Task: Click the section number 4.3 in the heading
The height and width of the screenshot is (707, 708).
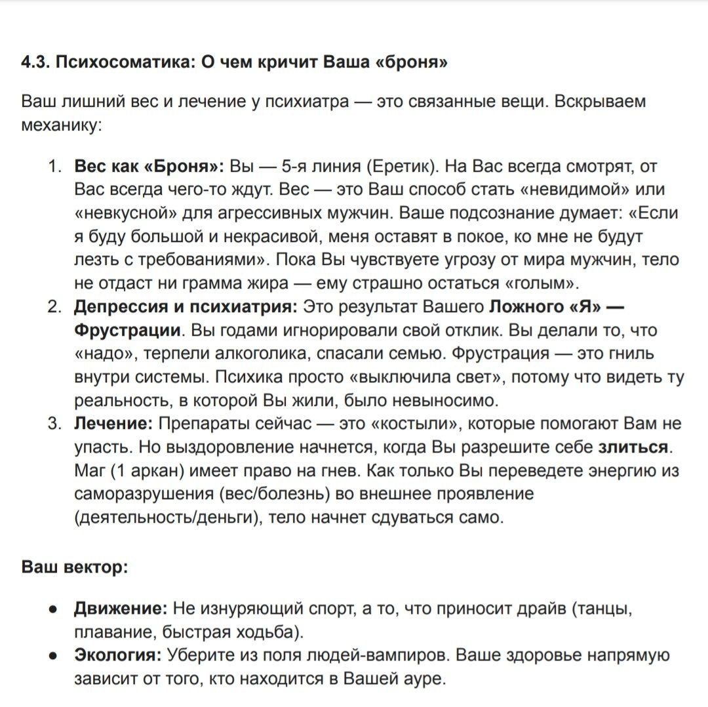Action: [x=35, y=62]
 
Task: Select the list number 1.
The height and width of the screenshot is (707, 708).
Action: [x=54, y=166]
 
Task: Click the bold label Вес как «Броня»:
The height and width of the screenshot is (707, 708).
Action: [x=149, y=166]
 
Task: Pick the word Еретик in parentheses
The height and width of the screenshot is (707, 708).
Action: [x=397, y=166]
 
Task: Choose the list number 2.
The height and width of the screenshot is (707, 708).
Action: [x=54, y=307]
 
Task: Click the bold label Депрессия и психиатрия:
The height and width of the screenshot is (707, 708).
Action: [x=186, y=307]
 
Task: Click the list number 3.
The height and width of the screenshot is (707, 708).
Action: [x=54, y=424]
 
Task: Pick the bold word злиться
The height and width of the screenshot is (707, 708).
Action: [x=633, y=448]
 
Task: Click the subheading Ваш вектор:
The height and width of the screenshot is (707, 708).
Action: [x=75, y=566]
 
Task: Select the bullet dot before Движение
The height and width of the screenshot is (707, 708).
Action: [x=54, y=609]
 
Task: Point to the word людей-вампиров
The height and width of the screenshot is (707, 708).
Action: [x=381, y=656]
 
